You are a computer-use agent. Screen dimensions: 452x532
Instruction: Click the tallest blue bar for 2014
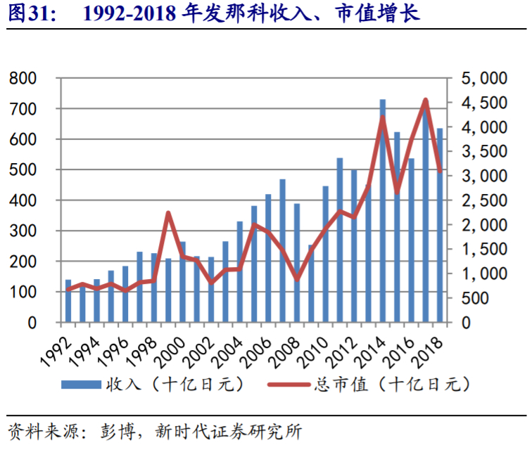point(383,211)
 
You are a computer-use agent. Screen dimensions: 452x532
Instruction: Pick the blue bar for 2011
point(340,240)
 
